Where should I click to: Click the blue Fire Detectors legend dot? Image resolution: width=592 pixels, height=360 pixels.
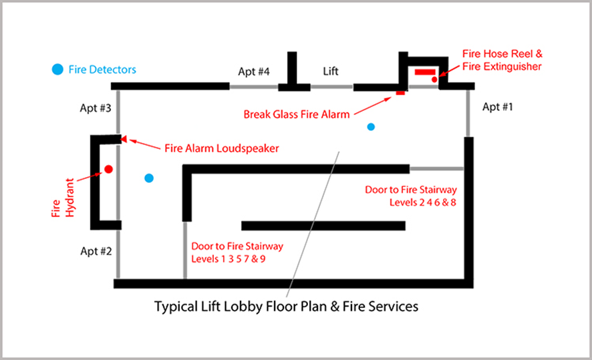pos(58,69)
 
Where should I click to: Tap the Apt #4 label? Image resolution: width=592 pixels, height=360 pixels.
pos(255,71)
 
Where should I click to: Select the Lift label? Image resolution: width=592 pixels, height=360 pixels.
pos(331,71)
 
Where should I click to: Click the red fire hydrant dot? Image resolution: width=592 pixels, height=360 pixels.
pos(108,170)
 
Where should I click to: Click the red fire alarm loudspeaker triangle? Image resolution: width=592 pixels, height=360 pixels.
pos(124,140)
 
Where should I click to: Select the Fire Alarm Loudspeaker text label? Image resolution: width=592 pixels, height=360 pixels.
pos(212,148)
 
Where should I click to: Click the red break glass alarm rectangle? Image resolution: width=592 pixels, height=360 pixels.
pos(400,93)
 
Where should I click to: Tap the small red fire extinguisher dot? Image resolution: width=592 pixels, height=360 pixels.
pos(434,80)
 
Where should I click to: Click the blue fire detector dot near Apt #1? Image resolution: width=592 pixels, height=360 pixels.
pos(371,126)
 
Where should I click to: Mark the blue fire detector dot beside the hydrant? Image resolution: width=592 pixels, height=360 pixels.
pos(149,178)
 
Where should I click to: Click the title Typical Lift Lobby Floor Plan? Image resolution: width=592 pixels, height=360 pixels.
pos(286,307)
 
